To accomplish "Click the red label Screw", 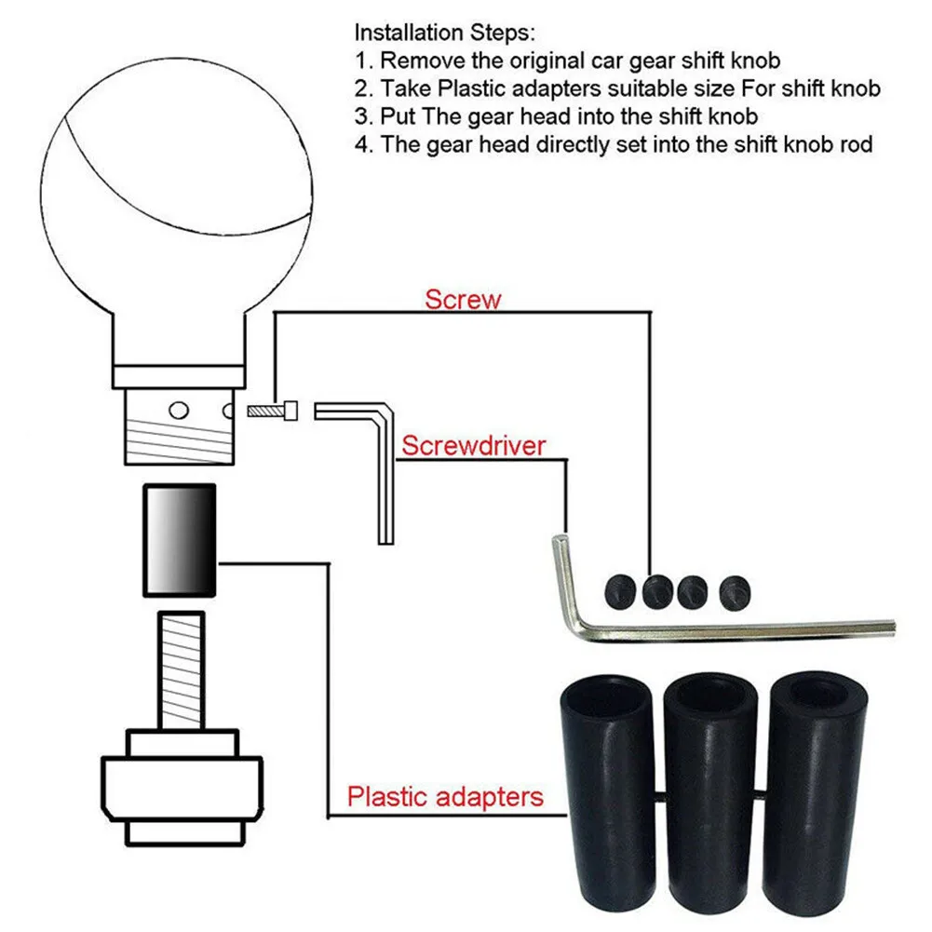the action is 463,300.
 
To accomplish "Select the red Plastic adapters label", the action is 444,797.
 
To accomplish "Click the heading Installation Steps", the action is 444,34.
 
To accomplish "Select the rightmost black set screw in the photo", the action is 733,590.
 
